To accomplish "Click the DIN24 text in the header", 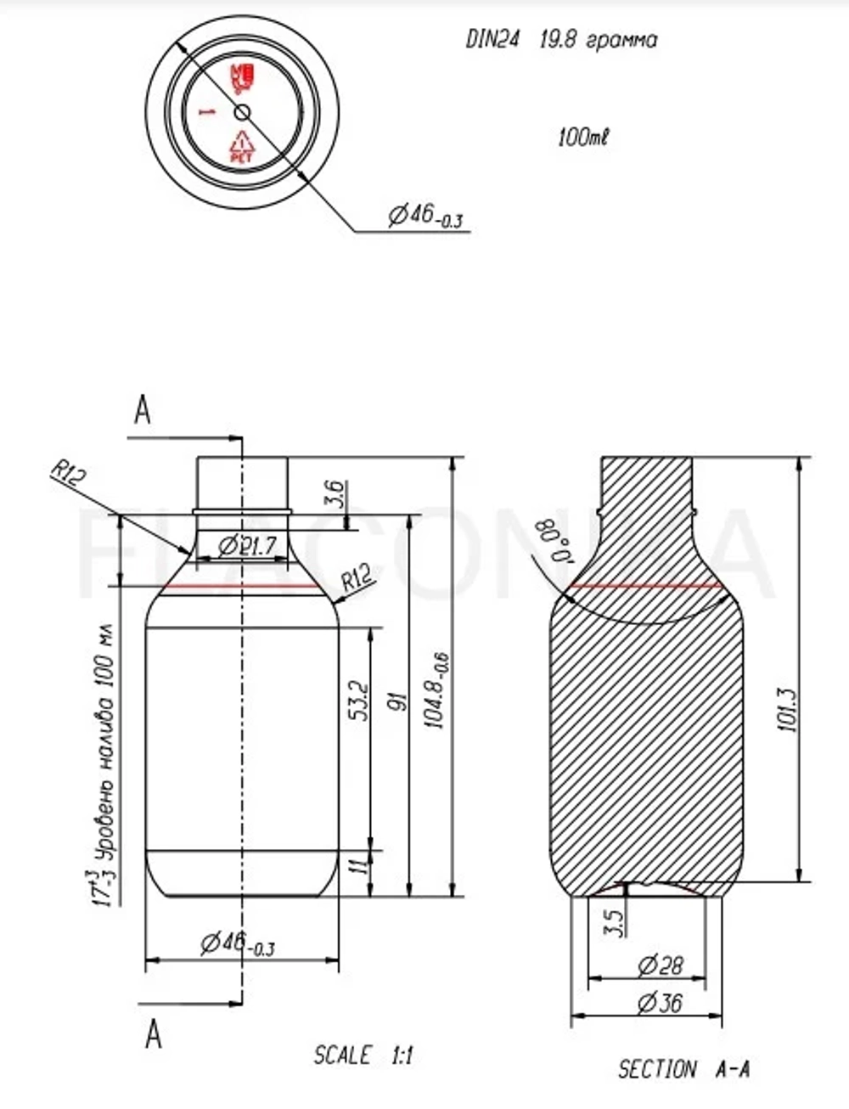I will (492, 40).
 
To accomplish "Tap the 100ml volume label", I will (583, 137).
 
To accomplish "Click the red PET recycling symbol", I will (242, 147).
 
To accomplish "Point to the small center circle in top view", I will (242, 112).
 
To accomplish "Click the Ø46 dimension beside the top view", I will (424, 217).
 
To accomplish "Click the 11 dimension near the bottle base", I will (358, 866).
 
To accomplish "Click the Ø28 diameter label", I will (660, 965).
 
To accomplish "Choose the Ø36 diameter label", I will (660, 1003).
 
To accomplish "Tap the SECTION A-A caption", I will (683, 1069).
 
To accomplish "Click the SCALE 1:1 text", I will (363, 1056).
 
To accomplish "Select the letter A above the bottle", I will (143, 411).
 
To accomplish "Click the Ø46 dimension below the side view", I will (238, 943).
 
